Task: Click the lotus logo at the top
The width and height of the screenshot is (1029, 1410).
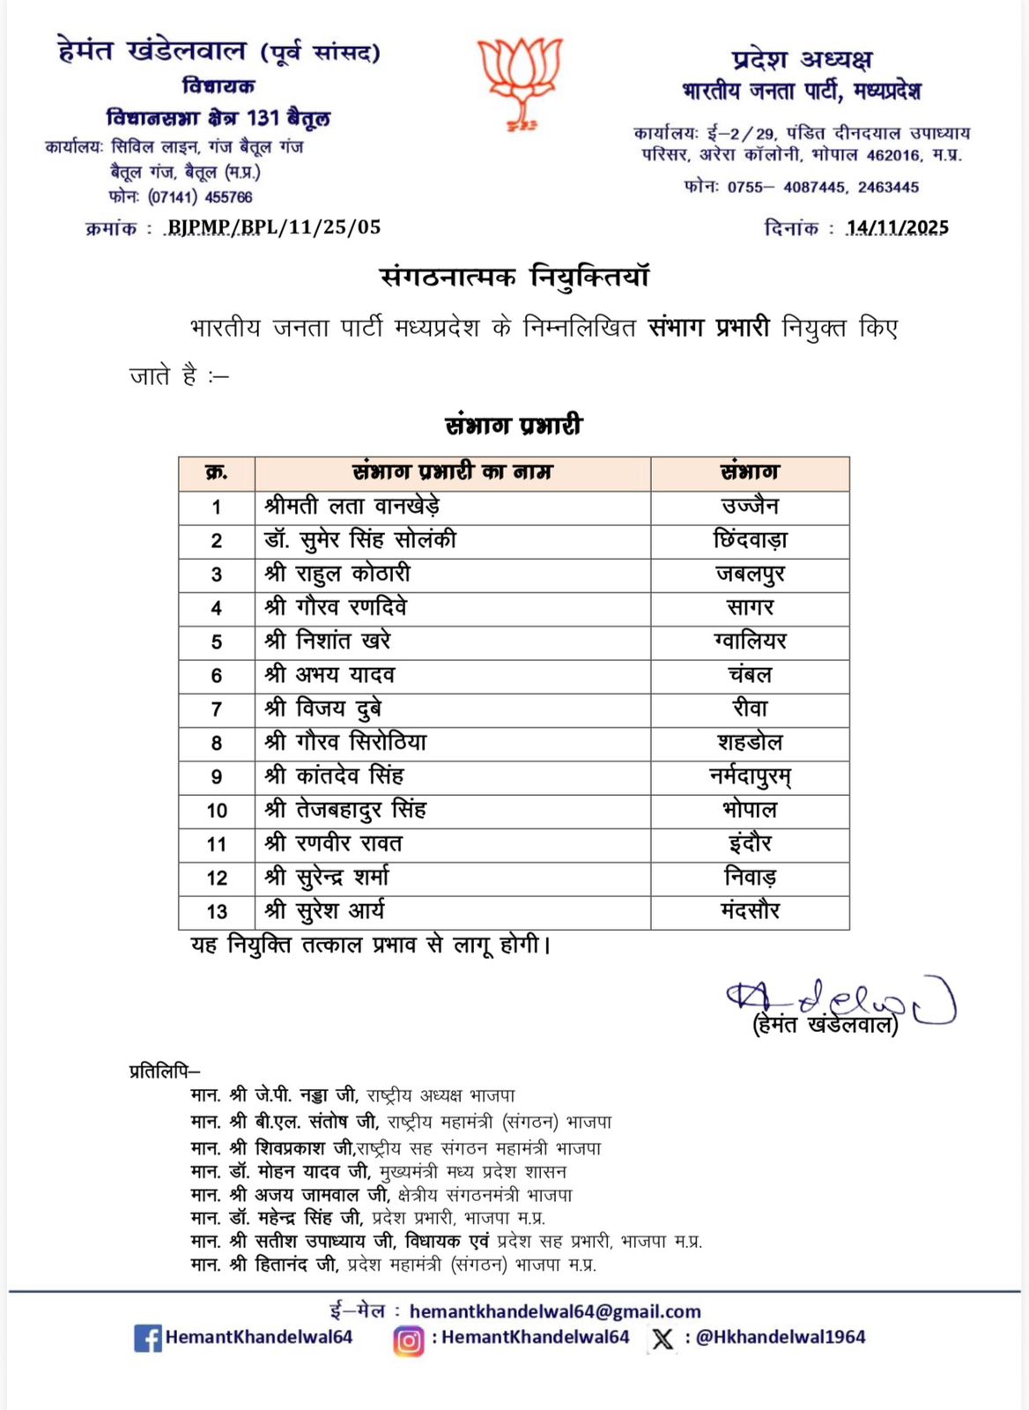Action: (x=520, y=80)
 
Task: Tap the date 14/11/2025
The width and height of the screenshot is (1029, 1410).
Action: (x=897, y=227)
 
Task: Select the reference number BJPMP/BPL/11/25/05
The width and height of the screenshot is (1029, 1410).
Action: (x=274, y=227)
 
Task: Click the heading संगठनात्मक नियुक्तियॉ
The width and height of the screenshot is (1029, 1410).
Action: (x=514, y=277)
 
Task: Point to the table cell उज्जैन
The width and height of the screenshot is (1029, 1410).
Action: (x=750, y=507)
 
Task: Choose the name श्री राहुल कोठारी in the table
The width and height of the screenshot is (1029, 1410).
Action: (x=337, y=574)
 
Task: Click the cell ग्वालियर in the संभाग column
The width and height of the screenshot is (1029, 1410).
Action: (x=750, y=641)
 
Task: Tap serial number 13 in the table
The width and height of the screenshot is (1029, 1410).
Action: (x=217, y=912)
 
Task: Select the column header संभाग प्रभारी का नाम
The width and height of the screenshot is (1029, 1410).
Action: (x=452, y=472)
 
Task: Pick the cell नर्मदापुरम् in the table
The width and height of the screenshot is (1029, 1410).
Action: (x=750, y=776)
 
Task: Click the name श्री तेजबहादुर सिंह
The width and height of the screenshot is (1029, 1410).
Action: (x=345, y=810)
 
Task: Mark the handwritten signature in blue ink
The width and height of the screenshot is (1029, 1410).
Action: (x=840, y=1001)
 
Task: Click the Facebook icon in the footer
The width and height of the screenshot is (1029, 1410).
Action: (x=147, y=1338)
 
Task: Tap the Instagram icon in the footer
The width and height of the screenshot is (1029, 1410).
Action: (x=408, y=1339)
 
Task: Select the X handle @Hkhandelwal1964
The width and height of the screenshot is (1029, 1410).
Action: (x=780, y=1337)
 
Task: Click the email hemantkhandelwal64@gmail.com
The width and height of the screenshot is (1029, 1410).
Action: (x=555, y=1311)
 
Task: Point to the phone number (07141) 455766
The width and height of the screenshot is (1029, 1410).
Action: (x=200, y=197)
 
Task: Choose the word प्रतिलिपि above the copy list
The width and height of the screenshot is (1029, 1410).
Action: (x=164, y=1072)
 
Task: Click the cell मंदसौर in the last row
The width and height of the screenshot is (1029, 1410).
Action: (x=750, y=911)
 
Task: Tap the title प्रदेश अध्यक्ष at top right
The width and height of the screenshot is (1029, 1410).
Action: (x=801, y=60)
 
